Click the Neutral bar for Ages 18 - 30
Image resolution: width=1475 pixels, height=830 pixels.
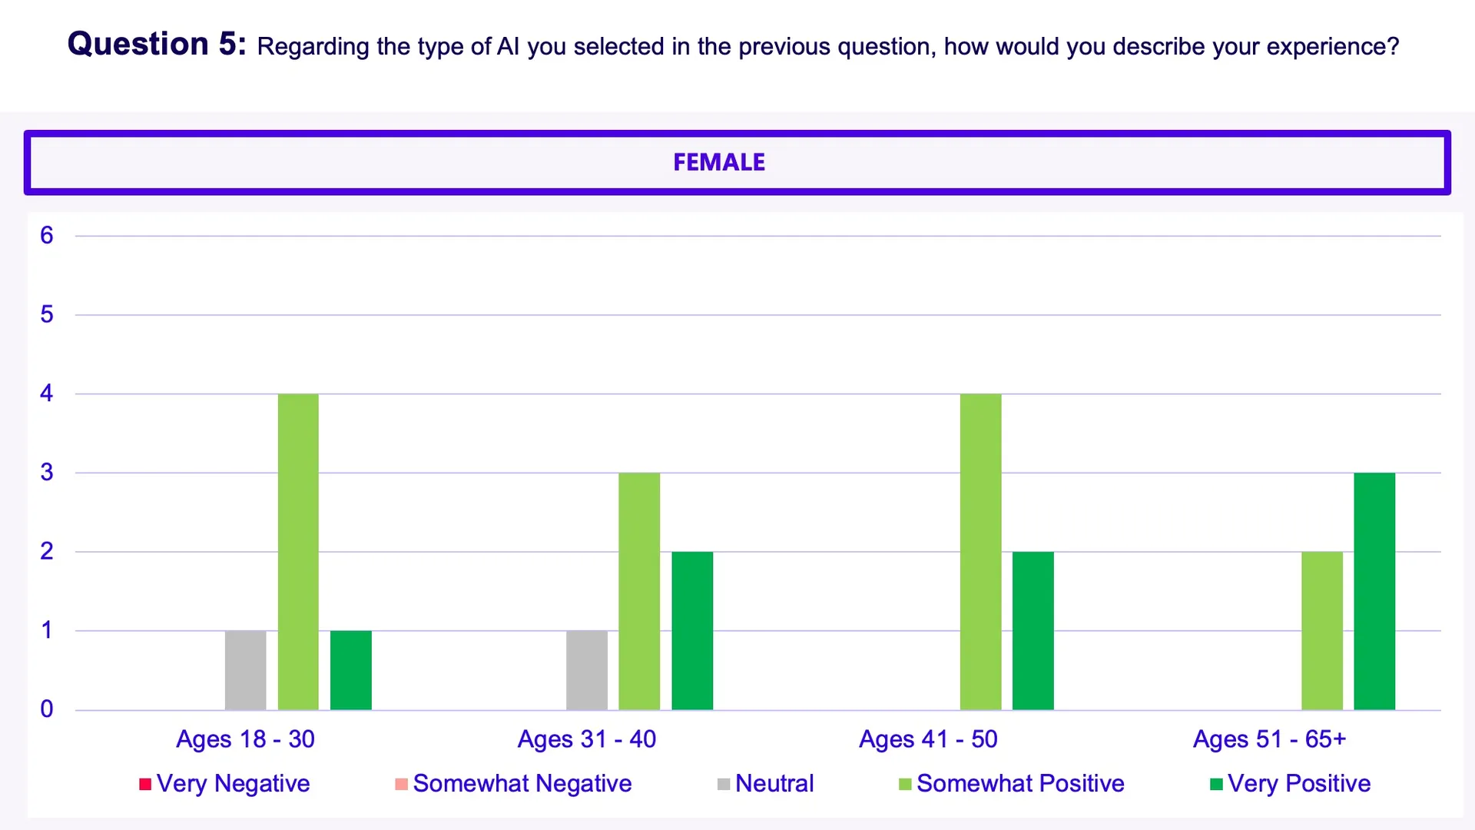245,670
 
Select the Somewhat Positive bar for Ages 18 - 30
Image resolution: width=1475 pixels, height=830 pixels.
298,552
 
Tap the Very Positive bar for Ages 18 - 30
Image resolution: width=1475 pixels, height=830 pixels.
351,670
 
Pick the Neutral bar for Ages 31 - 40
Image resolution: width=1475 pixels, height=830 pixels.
587,670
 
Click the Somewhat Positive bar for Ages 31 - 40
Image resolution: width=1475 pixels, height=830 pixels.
639,591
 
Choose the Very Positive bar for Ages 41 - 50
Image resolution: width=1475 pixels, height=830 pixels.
1033,630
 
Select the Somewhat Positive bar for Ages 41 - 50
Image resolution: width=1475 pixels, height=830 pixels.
981,552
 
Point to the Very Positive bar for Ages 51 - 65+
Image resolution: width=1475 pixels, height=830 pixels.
1374,591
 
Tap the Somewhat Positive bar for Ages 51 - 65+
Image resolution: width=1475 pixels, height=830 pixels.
1322,630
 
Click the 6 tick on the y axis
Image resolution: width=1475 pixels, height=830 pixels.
47,235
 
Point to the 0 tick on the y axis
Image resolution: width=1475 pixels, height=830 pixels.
47,709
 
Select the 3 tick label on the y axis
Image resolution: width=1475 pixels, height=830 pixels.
47,472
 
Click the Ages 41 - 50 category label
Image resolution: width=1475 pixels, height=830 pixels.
928,739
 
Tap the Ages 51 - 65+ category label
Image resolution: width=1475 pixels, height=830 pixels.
1269,739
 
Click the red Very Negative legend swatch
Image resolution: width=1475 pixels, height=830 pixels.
145,784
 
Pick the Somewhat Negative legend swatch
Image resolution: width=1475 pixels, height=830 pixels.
401,784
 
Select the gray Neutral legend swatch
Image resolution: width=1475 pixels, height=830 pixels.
724,784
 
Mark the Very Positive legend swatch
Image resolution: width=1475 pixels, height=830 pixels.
1216,784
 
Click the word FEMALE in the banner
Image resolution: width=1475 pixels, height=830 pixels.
719,162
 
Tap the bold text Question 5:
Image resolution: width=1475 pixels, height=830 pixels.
157,44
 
